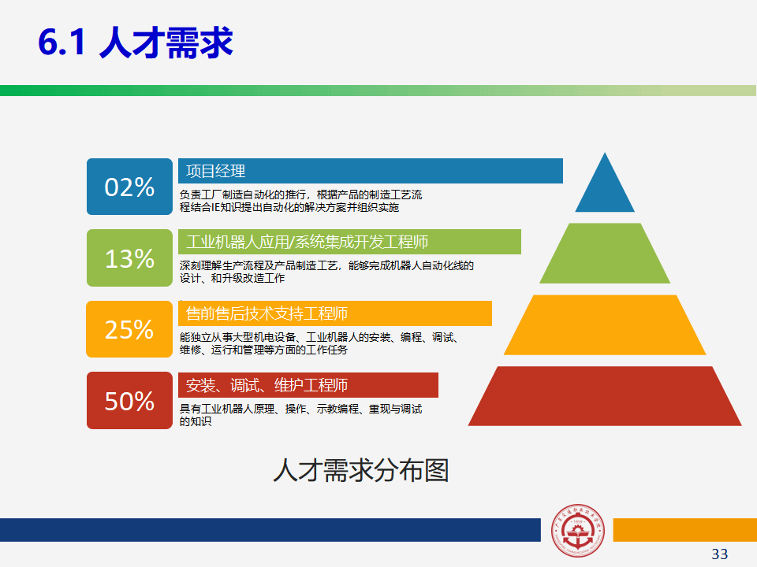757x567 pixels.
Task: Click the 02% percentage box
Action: [x=129, y=187]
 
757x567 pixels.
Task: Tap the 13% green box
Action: [x=129, y=258]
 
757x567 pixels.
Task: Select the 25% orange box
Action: [x=129, y=329]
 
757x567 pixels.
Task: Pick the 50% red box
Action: [x=129, y=400]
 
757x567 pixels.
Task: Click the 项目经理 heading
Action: [x=215, y=171]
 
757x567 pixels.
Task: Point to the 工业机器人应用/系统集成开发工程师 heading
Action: [x=307, y=242]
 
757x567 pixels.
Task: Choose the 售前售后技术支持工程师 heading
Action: [x=267, y=313]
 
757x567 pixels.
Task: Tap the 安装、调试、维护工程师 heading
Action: [x=267, y=385]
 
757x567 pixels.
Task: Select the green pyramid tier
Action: [x=605, y=253]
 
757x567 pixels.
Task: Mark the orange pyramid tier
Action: [x=605, y=325]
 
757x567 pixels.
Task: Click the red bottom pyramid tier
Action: [x=605, y=396]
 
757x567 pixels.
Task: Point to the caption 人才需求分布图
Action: [x=361, y=470]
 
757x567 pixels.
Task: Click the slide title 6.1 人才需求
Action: [x=135, y=43]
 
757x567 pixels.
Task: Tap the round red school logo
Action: [x=577, y=531]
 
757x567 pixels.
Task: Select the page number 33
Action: [x=719, y=554]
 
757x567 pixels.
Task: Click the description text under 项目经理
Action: [x=300, y=201]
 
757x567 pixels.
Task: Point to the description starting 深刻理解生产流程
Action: [x=326, y=272]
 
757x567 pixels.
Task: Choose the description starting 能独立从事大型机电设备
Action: [x=319, y=343]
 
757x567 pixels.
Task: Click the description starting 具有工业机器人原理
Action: [x=300, y=415]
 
